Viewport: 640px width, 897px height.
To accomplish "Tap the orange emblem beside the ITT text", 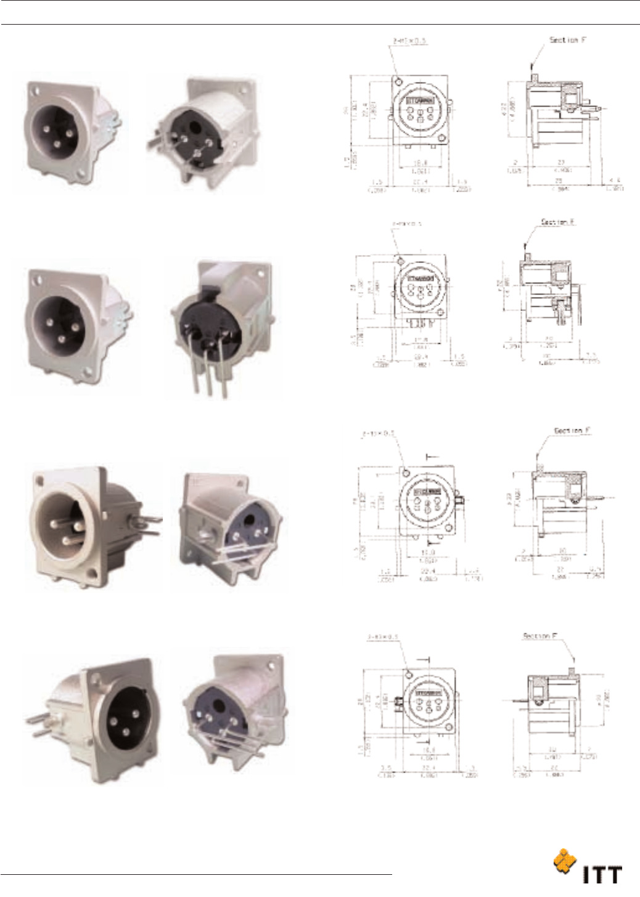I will (x=564, y=862).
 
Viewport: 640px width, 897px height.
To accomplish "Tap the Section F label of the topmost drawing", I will (x=567, y=40).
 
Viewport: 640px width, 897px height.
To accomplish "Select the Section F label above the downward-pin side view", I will (x=557, y=222).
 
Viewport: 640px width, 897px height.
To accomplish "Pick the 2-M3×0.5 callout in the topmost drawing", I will (x=409, y=41).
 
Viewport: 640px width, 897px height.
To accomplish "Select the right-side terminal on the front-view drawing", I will (x=459, y=500).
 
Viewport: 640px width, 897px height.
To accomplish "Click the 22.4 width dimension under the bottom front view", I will (x=428, y=768).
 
